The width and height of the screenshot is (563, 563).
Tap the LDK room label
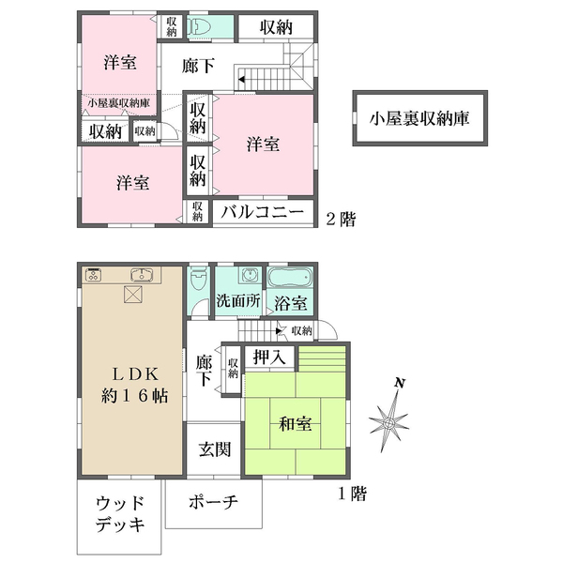click(x=134, y=384)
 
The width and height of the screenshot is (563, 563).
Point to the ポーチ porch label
click(x=213, y=503)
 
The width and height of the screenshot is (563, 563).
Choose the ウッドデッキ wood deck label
click(x=120, y=515)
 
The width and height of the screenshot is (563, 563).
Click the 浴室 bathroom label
click(x=291, y=303)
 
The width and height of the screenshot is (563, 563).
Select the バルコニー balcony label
click(x=264, y=213)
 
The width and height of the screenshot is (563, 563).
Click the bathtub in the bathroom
click(x=292, y=280)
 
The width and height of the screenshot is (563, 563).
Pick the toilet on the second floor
click(x=197, y=27)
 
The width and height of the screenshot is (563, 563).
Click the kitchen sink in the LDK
click(x=140, y=275)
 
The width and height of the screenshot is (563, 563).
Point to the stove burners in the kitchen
click(x=94, y=275)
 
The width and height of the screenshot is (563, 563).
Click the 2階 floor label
click(x=341, y=219)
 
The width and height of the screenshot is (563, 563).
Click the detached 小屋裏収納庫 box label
click(x=419, y=119)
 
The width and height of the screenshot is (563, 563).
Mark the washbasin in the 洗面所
click(x=248, y=277)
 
